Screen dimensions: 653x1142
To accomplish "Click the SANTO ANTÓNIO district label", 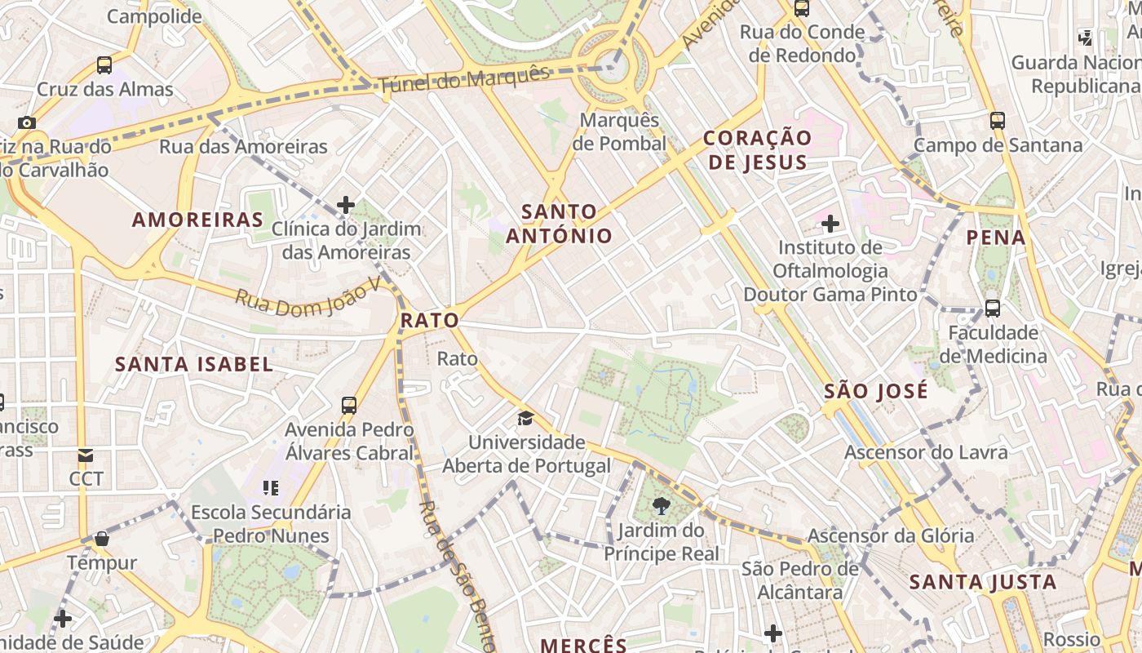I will click(559, 224).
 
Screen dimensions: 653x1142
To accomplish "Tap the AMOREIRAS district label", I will click(198, 220).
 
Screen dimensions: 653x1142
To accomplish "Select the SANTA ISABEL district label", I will click(194, 364).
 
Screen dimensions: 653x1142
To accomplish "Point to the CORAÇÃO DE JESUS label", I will click(758, 149).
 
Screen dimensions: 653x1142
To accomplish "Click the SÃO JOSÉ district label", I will click(876, 390).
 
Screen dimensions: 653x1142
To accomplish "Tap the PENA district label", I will click(996, 238).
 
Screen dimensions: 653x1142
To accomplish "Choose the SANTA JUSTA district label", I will click(983, 582).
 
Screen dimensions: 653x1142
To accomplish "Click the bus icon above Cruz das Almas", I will click(104, 65).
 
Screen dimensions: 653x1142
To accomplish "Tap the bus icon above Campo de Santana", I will click(997, 121).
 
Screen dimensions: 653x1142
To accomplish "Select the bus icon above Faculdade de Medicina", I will click(992, 309).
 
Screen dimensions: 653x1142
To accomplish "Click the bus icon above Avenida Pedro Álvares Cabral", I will click(349, 405).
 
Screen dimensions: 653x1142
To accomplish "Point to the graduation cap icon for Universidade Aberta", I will click(525, 419).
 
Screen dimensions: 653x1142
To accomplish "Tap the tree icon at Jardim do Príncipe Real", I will click(662, 506).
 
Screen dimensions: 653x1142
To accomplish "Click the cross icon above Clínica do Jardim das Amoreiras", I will click(346, 204).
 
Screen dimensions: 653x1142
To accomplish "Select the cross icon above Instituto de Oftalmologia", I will click(830, 223).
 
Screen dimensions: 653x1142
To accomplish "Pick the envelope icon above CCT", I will click(86, 455).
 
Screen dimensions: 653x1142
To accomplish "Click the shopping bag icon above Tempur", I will click(102, 539).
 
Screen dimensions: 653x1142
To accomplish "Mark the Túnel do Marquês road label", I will click(463, 78).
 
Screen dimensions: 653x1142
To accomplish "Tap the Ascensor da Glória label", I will click(891, 535).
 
